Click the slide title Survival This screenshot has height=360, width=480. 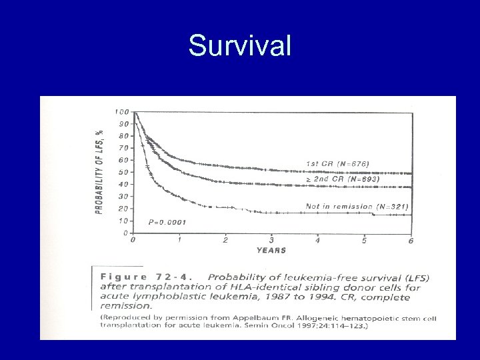[240, 46]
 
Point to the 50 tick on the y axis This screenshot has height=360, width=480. [124, 172]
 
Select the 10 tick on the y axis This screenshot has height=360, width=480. [124, 221]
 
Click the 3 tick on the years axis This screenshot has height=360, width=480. [271, 240]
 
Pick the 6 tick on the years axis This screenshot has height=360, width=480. [411, 241]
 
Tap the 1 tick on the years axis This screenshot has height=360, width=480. [179, 240]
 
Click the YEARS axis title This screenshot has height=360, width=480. [271, 251]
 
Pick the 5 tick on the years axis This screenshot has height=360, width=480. [364, 240]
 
